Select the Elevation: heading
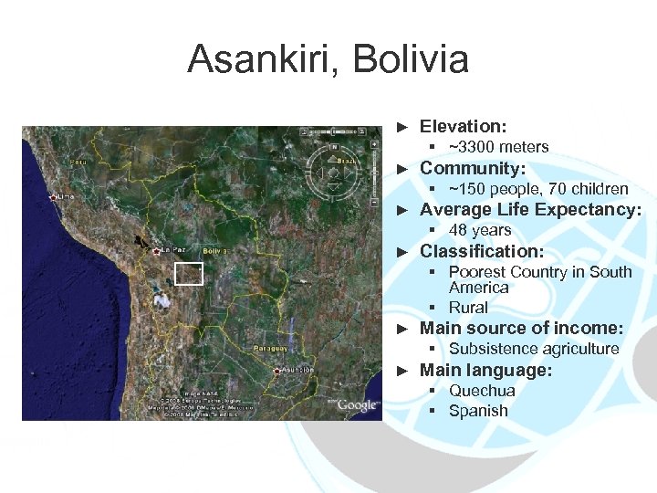point(463,126)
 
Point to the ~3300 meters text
point(498,147)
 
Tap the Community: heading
point(472,168)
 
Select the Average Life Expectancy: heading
point(530,210)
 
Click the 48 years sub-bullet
point(479,230)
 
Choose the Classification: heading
point(481,251)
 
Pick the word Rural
point(468,308)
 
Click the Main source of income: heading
point(521,329)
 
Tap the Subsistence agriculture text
point(533,349)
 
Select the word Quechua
point(481,390)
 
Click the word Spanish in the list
point(477,411)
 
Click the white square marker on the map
point(188,274)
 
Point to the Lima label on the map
point(66,195)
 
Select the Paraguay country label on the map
point(269,348)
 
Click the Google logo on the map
point(357,405)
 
